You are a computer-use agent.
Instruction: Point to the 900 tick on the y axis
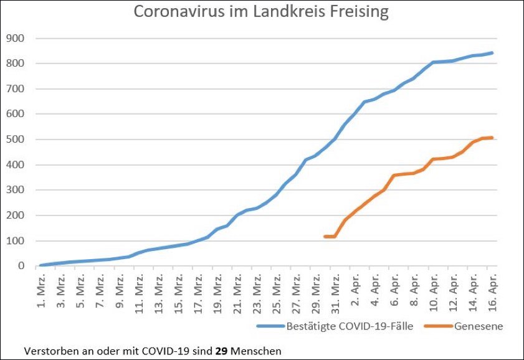coord(15,39)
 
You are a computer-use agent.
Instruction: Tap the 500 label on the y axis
coord(15,140)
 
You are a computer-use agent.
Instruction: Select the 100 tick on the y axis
coord(15,241)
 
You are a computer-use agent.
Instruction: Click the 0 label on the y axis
coord(21,266)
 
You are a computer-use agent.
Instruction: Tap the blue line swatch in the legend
coord(269,326)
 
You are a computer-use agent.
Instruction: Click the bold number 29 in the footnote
coord(222,350)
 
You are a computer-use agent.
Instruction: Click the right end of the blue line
coord(492,53)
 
